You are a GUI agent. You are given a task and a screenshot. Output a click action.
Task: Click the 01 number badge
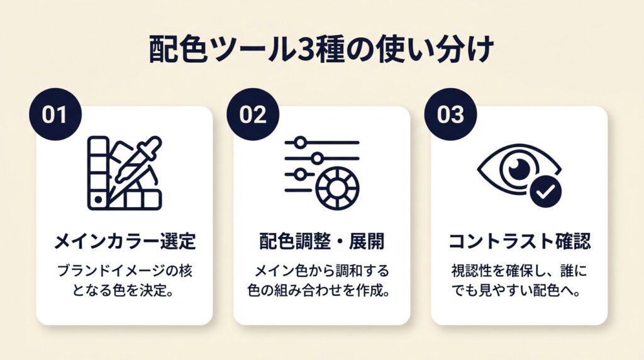(55, 115)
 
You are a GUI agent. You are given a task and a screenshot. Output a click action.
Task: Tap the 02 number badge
(253, 115)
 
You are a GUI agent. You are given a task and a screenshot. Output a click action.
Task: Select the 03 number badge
(450, 115)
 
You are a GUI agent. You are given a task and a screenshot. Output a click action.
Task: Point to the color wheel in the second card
(338, 188)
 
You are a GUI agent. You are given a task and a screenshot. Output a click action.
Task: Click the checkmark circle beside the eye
(545, 191)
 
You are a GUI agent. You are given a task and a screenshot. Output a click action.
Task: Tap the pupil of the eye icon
(519, 169)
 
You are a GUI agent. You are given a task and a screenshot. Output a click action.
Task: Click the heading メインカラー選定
(125, 241)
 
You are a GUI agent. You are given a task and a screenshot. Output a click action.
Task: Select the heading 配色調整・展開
(322, 241)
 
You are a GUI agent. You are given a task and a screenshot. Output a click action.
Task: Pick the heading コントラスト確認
(519, 241)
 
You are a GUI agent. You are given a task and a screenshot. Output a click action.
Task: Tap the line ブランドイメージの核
(125, 271)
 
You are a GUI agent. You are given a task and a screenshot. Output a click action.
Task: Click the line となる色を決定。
(125, 291)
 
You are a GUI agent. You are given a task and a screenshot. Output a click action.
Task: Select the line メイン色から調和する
(321, 271)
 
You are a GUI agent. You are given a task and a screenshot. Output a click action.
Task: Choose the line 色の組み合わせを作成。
(319, 291)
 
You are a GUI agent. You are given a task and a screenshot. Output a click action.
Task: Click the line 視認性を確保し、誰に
(519, 271)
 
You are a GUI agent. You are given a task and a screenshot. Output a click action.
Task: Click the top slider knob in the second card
(300, 143)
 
